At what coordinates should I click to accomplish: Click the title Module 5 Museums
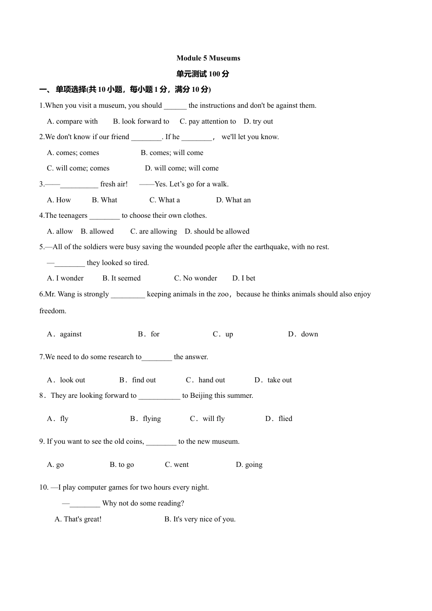point(208,58)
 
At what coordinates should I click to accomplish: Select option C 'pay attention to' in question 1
point(208,121)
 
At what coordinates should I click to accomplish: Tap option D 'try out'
point(258,121)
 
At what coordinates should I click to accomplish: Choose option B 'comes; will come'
point(172,153)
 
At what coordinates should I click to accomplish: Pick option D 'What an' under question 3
point(233,200)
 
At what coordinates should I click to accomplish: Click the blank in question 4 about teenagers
point(105,216)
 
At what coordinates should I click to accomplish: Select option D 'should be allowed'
point(217,231)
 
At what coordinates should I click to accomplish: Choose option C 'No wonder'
point(196,278)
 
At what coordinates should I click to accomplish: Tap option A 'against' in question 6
point(65,334)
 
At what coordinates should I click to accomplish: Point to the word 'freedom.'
point(53,311)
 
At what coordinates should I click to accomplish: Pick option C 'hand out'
point(206,380)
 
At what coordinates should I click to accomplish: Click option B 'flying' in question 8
point(146,419)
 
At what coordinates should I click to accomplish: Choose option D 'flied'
point(279,419)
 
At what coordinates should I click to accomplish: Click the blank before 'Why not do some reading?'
point(85,504)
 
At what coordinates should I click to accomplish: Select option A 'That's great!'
point(78,519)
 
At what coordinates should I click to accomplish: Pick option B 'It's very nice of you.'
point(200,519)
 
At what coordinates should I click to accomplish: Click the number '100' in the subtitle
point(215,74)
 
